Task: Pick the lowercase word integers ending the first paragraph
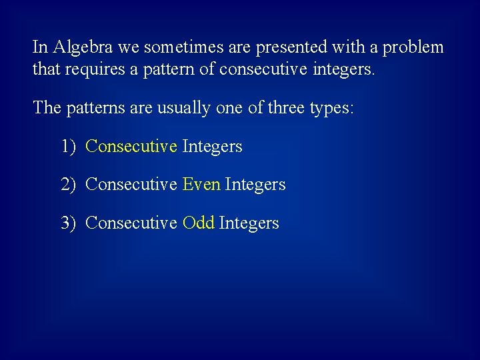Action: click(x=342, y=69)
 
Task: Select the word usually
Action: click(x=184, y=108)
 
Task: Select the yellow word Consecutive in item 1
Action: click(x=131, y=146)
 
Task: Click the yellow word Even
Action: click(x=201, y=185)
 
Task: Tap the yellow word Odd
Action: click(x=198, y=223)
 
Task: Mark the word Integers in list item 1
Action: click(x=212, y=146)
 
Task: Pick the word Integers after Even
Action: click(x=255, y=185)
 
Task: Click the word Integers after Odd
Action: click(x=249, y=223)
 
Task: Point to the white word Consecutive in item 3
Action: click(x=131, y=223)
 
